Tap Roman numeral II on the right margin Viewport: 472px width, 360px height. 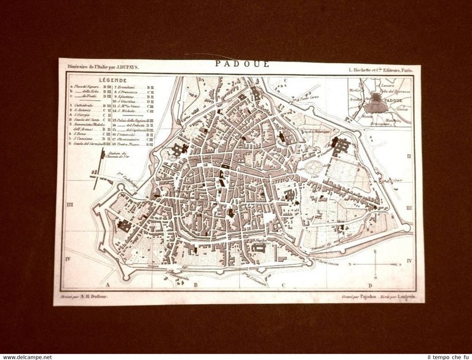coord(409,157)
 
